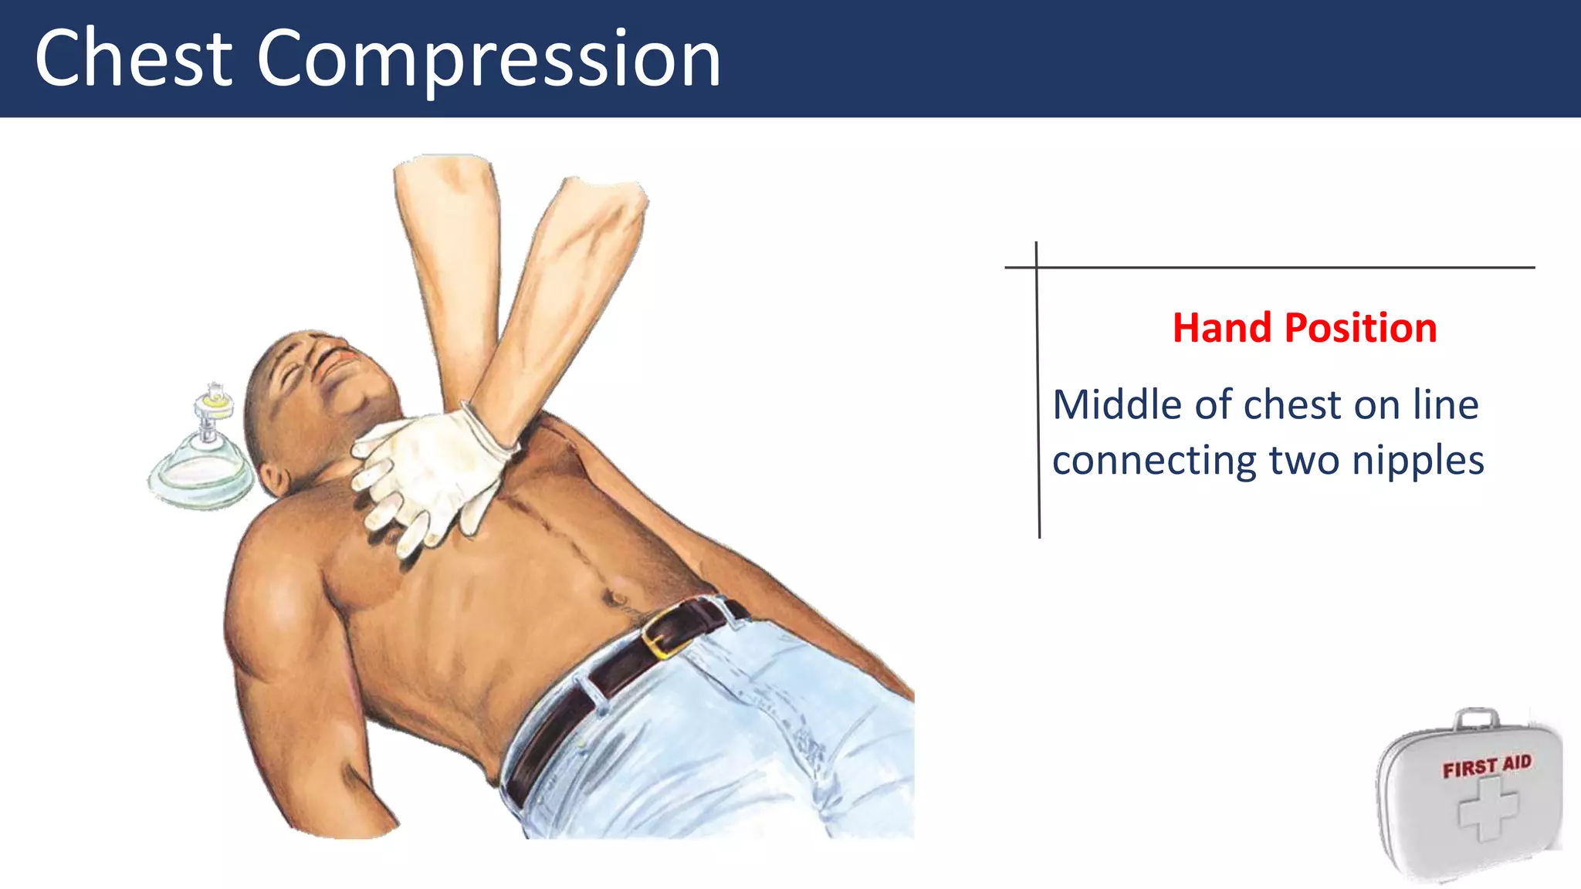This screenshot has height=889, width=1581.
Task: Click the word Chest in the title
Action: pyautogui.click(x=133, y=58)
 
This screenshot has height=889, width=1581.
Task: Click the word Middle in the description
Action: pyautogui.click(x=1118, y=404)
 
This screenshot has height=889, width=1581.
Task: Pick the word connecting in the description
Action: pyautogui.click(x=1154, y=461)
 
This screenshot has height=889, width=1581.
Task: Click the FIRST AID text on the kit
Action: pyautogui.click(x=1486, y=766)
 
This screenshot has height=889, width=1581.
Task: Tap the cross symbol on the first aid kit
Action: pyautogui.click(x=1488, y=809)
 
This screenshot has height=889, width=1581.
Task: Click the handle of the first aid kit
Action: pyautogui.click(x=1476, y=718)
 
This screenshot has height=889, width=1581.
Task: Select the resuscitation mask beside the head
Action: pyautogui.click(x=202, y=471)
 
